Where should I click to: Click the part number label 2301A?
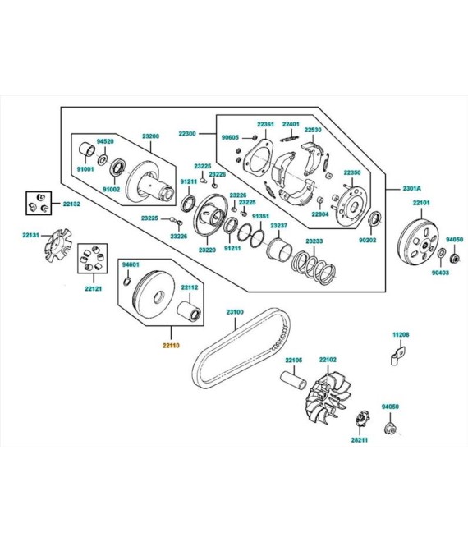tap(411, 188)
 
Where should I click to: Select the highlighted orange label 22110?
tap(171, 345)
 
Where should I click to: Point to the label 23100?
tap(235, 312)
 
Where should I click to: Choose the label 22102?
tap(328, 360)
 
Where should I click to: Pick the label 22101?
tap(421, 203)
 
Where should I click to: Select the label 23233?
tap(314, 241)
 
